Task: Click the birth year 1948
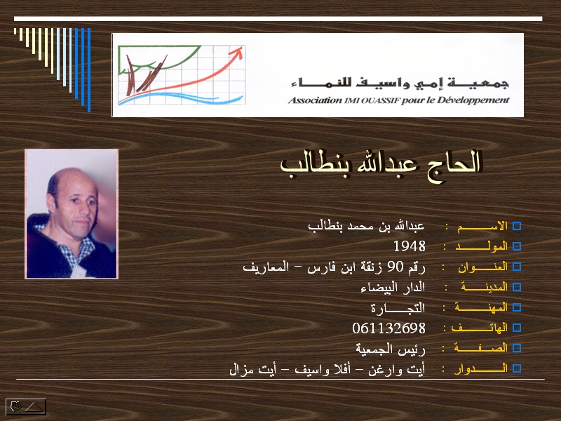pos(410,246)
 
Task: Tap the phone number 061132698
pos(389,328)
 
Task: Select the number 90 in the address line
pos(396,267)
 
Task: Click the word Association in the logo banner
pos(315,100)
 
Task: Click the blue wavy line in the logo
pos(181,98)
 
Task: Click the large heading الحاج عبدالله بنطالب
pos(380,166)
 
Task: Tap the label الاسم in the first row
pos(482,226)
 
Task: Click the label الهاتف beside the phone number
pos(480,328)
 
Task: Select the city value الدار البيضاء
pos(393,287)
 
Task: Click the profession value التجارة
pos(398,308)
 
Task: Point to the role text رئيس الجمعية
pos(391,349)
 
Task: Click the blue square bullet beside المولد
pos(517,246)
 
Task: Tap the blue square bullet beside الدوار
pos(517,368)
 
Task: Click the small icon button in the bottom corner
pos(26,407)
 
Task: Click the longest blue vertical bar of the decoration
pos(89,69)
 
